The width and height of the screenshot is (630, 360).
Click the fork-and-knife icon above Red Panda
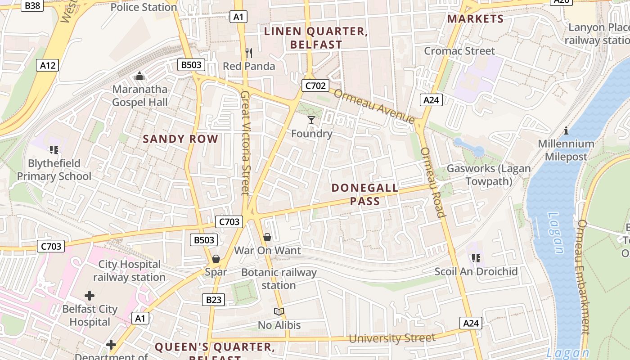[x=249, y=53]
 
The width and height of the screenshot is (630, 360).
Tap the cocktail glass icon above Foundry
[x=311, y=120]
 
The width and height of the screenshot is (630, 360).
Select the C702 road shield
[x=315, y=85]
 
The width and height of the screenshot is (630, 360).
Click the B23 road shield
[x=213, y=300]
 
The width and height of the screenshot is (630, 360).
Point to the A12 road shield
[x=48, y=66]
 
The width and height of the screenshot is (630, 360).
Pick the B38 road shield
[x=33, y=5]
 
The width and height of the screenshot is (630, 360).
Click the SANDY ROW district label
[x=180, y=139]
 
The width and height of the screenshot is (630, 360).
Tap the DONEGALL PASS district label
[x=365, y=194]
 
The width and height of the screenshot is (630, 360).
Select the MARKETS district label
[x=475, y=19]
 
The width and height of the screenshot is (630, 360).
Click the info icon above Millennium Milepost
[x=566, y=131]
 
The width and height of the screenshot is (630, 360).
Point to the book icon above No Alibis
[x=279, y=311]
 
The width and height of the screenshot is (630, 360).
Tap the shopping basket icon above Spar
[x=216, y=259]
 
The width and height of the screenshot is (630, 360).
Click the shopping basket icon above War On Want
[x=267, y=237]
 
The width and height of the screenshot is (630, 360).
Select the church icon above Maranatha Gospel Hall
[x=139, y=76]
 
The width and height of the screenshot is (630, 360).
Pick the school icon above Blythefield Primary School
[x=54, y=150]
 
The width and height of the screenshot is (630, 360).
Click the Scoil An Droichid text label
[x=476, y=272]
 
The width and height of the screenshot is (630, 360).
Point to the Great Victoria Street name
[x=245, y=143]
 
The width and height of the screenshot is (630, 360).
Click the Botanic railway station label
[x=279, y=279]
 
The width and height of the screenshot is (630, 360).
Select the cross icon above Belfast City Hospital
[x=90, y=296]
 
